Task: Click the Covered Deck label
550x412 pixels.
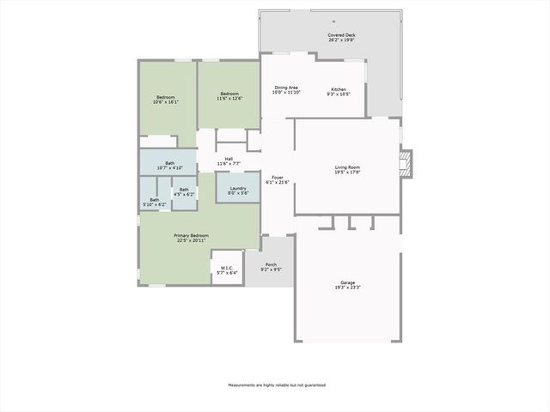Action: click(342, 35)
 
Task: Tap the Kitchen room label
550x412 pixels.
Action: click(339, 90)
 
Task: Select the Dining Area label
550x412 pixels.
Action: click(286, 88)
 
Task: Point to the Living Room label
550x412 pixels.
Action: click(347, 167)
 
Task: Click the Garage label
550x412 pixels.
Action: click(347, 282)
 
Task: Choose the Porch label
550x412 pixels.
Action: click(271, 264)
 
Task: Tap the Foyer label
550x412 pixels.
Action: click(275, 178)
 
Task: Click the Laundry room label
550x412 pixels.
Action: click(238, 188)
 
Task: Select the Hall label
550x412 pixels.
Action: click(229, 158)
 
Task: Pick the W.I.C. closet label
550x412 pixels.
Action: click(227, 268)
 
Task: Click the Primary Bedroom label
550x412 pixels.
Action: click(191, 235)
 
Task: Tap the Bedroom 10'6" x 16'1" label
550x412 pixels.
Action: click(166, 97)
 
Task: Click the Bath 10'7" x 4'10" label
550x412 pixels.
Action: click(170, 164)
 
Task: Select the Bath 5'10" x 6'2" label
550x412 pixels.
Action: click(155, 200)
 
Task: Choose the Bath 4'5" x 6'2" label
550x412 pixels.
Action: click(184, 190)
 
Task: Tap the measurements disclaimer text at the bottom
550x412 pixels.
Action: click(276, 385)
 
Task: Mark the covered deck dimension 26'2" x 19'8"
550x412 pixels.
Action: click(342, 39)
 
